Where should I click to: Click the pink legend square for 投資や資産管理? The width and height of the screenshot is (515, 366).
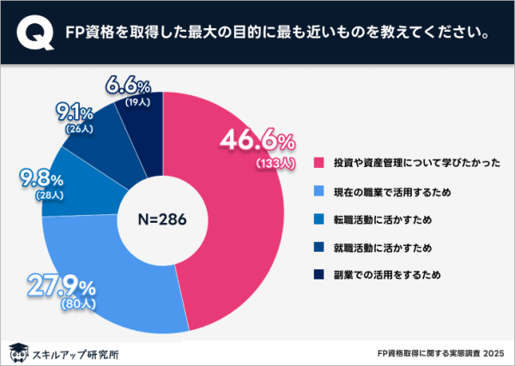[x=319, y=162]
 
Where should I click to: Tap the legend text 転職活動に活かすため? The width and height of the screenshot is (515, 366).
[x=383, y=219]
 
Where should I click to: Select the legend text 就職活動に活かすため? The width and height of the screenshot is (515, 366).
[x=383, y=248]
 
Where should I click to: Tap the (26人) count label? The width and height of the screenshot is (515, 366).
[x=76, y=129]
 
